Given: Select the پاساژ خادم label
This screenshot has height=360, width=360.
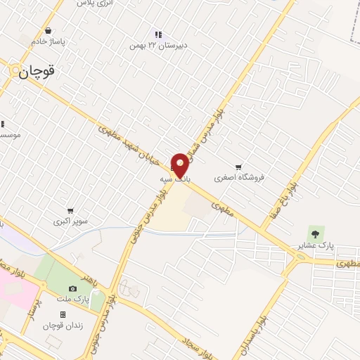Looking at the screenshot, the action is [48, 41].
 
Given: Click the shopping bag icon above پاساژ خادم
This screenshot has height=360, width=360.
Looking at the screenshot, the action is [48, 31].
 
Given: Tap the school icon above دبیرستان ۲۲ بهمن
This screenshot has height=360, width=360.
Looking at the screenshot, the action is [158, 34].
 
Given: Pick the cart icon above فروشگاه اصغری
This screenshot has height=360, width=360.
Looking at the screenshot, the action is [239, 167].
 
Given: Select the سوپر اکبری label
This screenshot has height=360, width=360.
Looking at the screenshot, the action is [70, 221].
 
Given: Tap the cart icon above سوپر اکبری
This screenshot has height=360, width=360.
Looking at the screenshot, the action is [70, 210].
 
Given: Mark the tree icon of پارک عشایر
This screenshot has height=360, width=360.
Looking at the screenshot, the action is [314, 231].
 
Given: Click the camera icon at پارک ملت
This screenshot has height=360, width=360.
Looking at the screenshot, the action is [72, 288].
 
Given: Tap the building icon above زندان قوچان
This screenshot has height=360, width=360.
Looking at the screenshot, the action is [63, 314].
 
